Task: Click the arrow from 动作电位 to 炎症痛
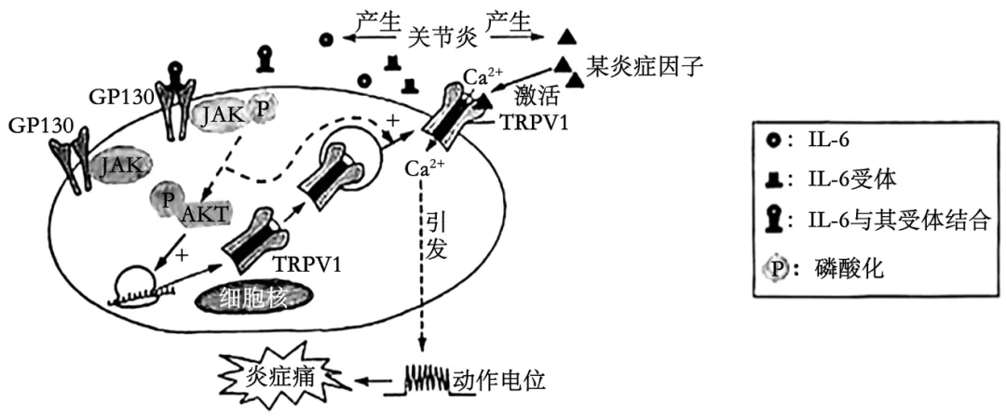pos(374,382)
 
